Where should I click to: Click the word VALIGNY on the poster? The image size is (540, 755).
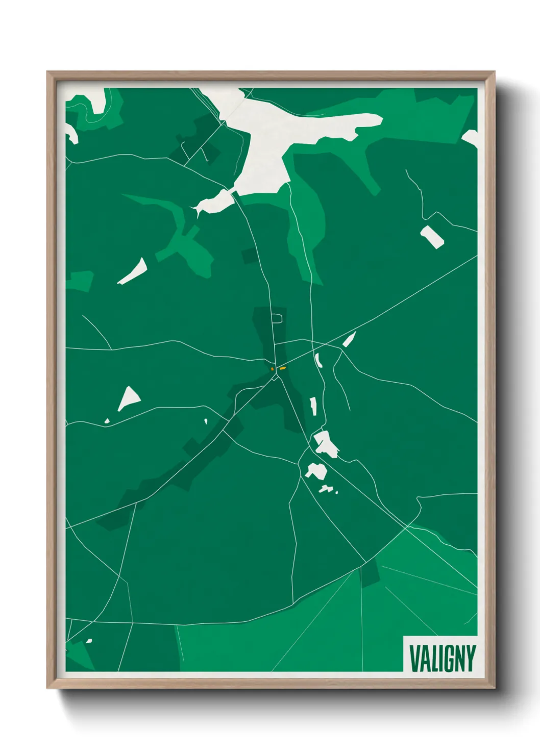(x=442, y=658)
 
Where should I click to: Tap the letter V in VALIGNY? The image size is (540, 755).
(x=414, y=658)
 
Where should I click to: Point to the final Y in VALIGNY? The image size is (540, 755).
(x=470, y=658)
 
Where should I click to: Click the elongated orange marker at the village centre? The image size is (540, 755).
(x=283, y=367)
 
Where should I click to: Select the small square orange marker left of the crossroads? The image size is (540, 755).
(x=273, y=368)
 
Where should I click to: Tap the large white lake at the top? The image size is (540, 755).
(x=286, y=133)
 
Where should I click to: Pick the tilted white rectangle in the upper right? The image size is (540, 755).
(x=432, y=237)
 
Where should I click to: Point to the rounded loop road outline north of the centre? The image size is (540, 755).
(x=277, y=318)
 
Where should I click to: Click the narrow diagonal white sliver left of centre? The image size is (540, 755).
(x=133, y=271)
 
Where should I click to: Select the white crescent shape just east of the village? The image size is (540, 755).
(x=318, y=360)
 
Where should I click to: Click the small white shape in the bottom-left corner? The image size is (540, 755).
(x=89, y=641)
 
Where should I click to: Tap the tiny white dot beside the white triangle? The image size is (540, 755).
(x=107, y=421)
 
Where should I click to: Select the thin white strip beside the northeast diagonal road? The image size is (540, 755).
(x=349, y=339)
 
